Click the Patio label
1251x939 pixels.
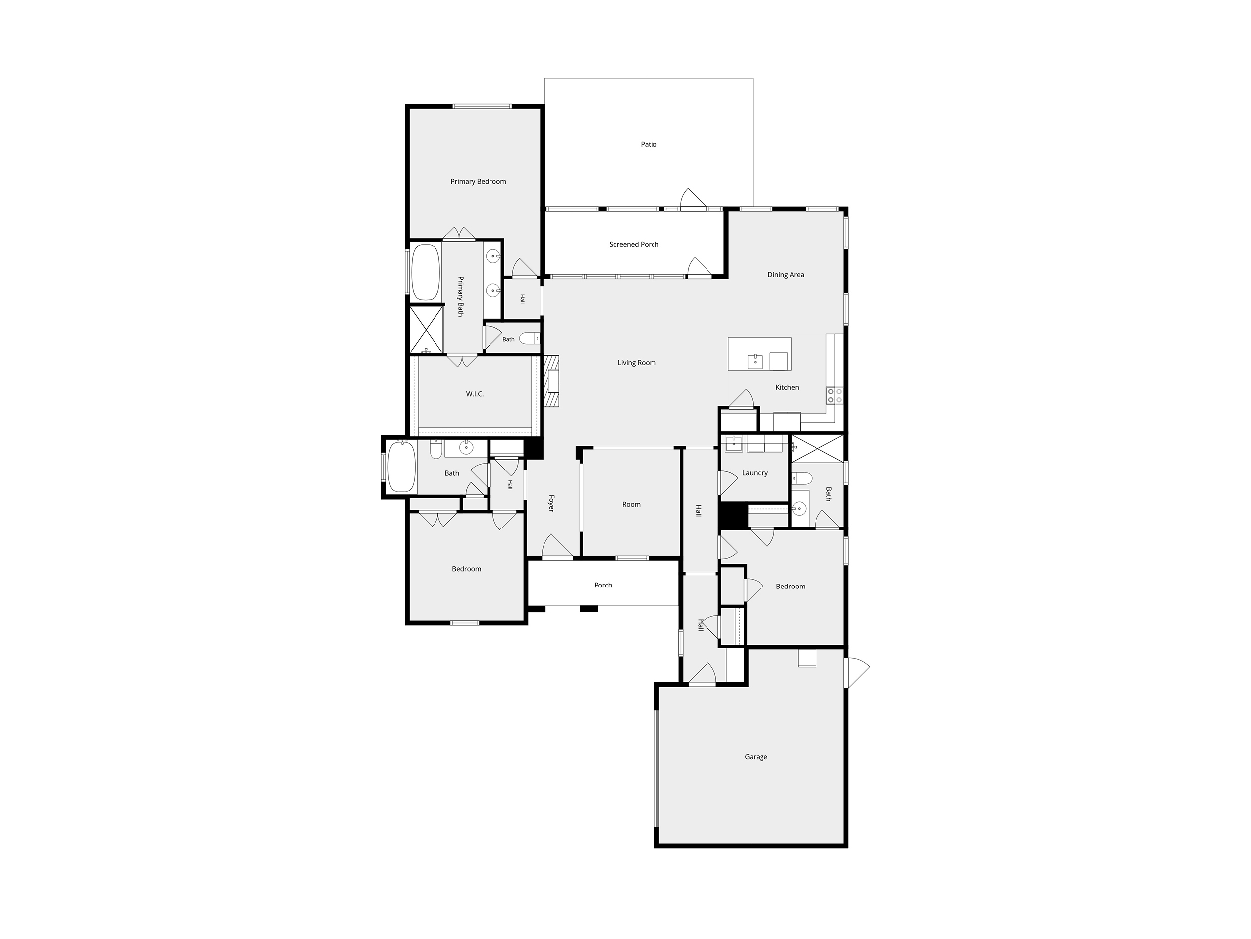click(x=649, y=144)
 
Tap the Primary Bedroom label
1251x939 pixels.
click(x=478, y=181)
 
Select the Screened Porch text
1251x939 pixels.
click(x=634, y=244)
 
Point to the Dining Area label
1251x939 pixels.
click(x=786, y=275)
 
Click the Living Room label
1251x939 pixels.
click(x=636, y=363)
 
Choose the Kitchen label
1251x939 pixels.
click(x=787, y=387)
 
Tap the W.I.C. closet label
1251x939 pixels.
click(x=475, y=394)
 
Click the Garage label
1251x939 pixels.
click(x=756, y=757)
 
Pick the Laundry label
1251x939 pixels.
click(x=755, y=473)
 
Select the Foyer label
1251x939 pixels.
click(x=551, y=503)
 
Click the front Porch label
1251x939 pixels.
click(x=603, y=585)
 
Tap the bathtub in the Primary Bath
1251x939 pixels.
click(x=425, y=272)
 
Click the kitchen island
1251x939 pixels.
click(x=760, y=354)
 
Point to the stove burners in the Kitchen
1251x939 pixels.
click(x=835, y=395)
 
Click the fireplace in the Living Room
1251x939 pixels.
click(x=551, y=381)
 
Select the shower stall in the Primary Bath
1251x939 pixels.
click(x=426, y=329)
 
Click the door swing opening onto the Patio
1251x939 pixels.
click(x=693, y=199)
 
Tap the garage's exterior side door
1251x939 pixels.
click(x=857, y=673)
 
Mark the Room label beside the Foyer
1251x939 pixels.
click(x=631, y=504)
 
